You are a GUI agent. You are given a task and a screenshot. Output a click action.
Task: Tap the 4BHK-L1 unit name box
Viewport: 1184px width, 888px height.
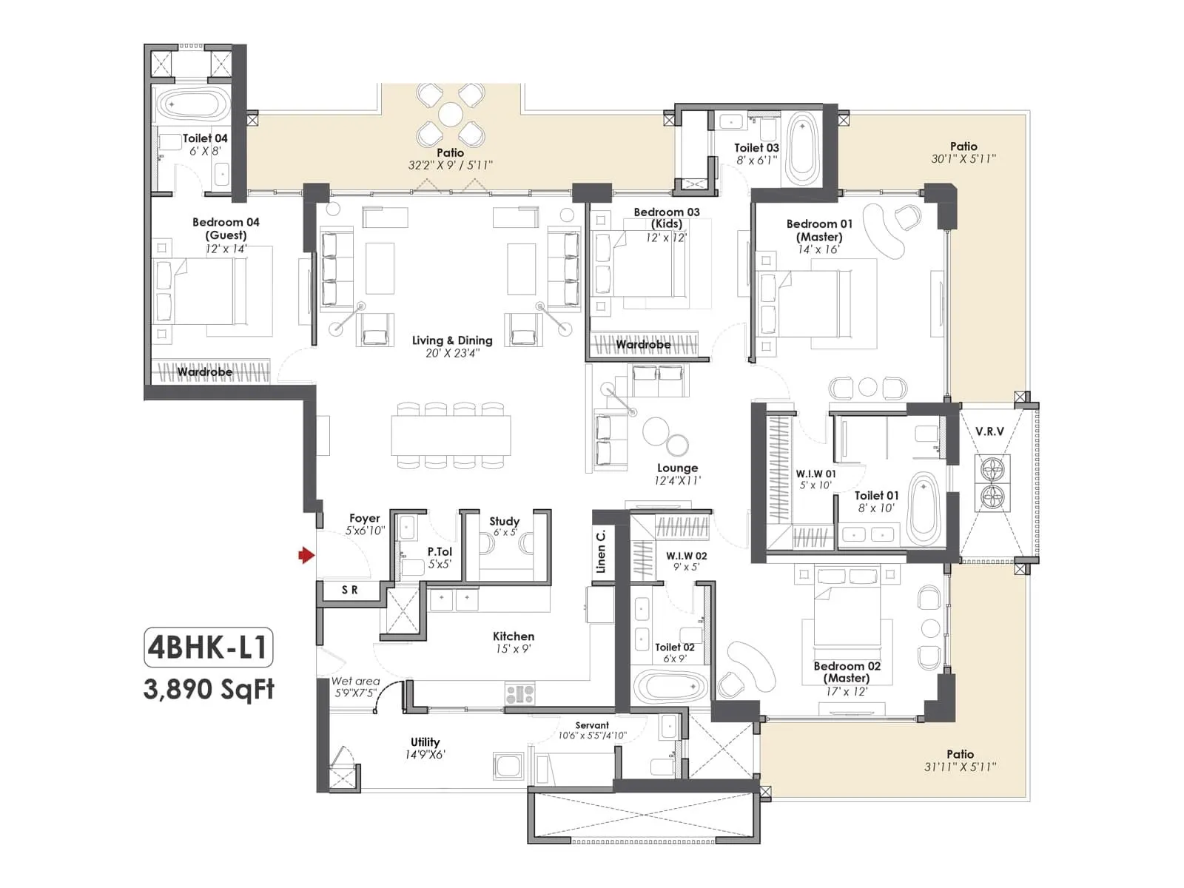coord(208,648)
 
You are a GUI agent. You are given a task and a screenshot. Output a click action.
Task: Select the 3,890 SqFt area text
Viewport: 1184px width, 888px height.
coord(209,690)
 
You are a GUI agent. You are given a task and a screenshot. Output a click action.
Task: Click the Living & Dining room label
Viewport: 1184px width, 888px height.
coord(452,340)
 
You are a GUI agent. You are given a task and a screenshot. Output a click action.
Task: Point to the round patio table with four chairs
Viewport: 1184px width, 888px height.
coord(451,115)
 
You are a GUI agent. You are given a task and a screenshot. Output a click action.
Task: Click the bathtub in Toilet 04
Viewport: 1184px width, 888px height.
coord(195,105)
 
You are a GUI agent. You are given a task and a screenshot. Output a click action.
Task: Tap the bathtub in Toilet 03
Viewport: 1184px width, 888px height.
coord(801,149)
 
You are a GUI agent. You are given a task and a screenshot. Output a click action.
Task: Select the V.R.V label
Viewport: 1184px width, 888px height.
coord(989,431)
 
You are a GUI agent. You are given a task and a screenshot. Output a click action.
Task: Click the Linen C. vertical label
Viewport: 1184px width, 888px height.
coord(601,551)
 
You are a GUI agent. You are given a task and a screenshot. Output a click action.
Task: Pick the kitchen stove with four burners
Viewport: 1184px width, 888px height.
coord(519,694)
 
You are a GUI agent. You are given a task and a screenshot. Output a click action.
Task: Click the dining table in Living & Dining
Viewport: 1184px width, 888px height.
coord(451,436)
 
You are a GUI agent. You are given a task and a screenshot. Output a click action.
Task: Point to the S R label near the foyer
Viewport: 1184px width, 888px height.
coord(350,590)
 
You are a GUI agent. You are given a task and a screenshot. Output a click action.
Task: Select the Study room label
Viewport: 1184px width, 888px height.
coord(505,521)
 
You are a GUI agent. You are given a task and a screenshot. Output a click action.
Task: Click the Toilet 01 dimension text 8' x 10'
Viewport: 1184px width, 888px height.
coord(876,508)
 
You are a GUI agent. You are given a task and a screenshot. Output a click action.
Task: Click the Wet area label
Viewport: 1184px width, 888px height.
coord(355,681)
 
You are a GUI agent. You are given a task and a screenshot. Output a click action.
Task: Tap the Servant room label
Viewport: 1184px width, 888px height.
coord(592,725)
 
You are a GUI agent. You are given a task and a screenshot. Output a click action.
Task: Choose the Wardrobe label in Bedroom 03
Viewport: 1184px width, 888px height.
coord(643,345)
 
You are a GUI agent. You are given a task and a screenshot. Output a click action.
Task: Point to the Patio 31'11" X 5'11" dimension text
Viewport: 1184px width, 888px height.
coord(960,767)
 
